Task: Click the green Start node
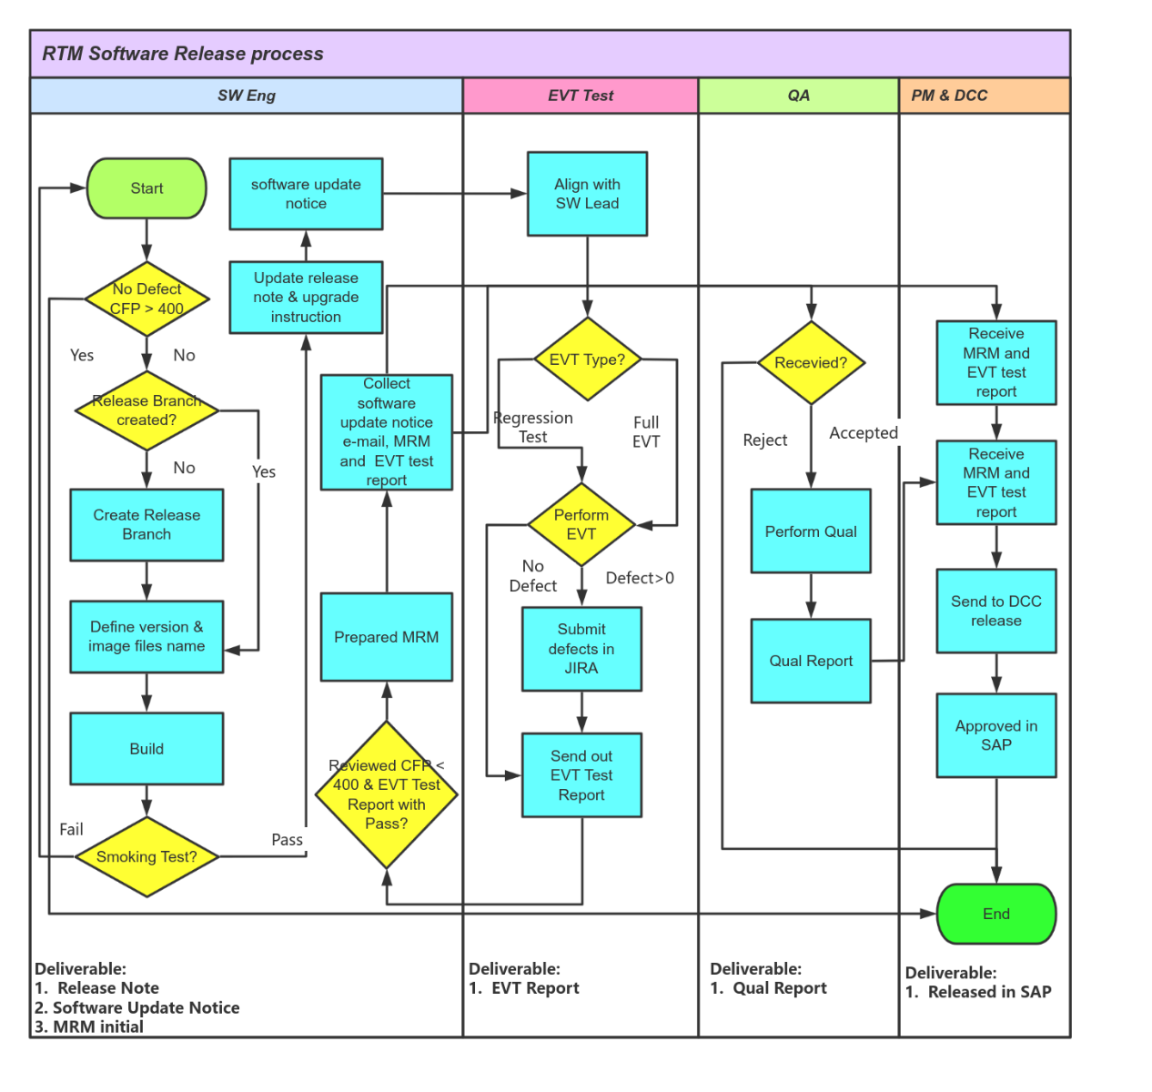(x=147, y=188)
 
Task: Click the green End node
(x=995, y=914)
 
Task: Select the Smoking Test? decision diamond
(x=147, y=856)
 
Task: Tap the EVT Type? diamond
(x=587, y=359)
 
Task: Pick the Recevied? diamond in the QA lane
(x=810, y=362)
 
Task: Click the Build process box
(x=147, y=749)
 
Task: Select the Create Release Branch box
(x=147, y=525)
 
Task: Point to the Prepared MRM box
(x=386, y=637)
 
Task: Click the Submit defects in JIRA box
(x=581, y=649)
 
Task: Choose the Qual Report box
(x=810, y=661)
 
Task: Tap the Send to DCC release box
(x=995, y=611)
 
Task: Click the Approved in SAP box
(x=995, y=735)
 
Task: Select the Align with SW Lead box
(x=587, y=194)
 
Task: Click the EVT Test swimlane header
(x=581, y=96)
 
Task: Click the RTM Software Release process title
(x=183, y=54)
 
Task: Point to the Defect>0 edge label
(x=640, y=578)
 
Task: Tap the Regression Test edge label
(x=533, y=428)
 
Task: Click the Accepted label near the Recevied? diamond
(x=863, y=433)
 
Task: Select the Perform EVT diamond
(x=581, y=524)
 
